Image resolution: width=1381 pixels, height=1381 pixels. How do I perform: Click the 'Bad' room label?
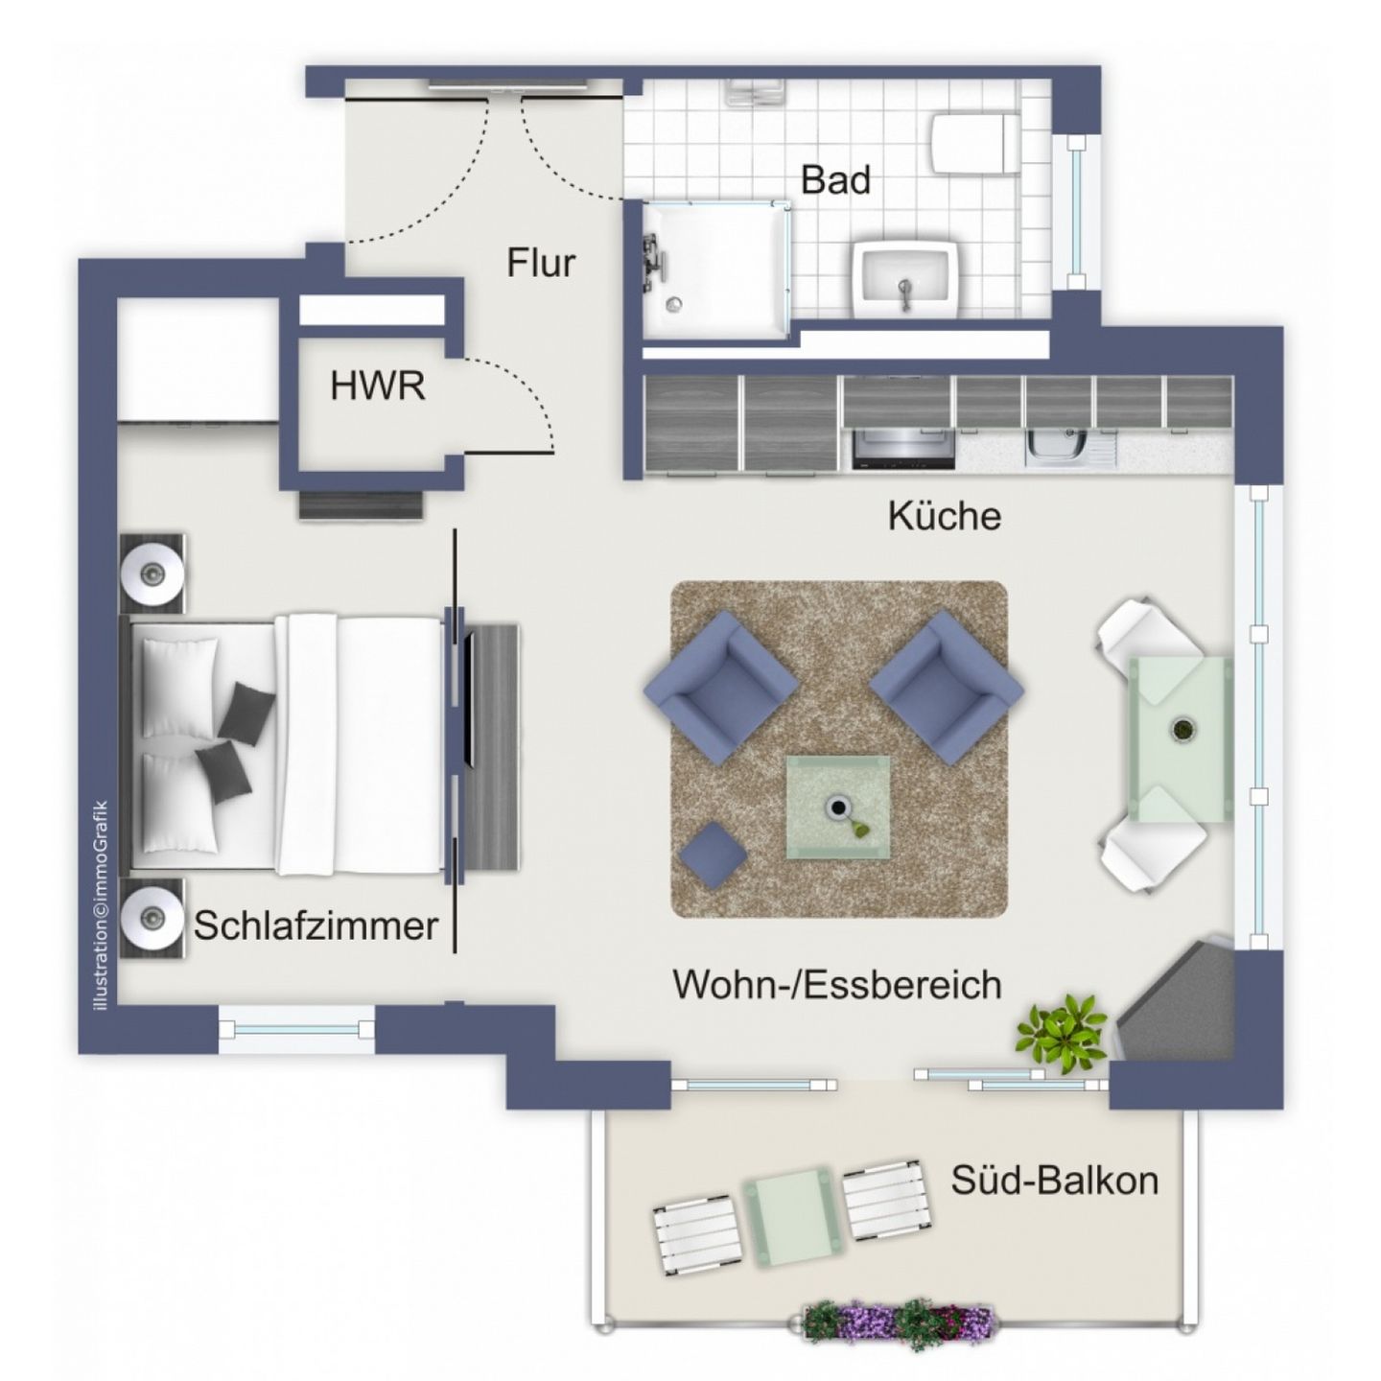(835, 179)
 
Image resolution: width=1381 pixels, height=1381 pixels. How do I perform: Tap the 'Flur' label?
(541, 263)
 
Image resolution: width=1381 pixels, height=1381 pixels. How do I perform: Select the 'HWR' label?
(377, 386)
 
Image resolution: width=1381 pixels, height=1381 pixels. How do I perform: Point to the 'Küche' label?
(944, 516)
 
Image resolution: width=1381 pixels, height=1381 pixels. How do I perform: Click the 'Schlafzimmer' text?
(316, 926)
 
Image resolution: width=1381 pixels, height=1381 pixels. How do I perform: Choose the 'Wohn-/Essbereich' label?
(836, 985)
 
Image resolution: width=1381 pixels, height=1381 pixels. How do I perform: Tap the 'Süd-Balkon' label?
(1054, 1179)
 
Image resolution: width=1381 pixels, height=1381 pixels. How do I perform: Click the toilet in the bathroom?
(974, 143)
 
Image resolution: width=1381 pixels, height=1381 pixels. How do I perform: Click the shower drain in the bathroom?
(674, 304)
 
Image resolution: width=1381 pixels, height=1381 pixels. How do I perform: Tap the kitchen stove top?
(903, 448)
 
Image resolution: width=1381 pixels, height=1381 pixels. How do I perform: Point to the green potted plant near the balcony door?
(1060, 1030)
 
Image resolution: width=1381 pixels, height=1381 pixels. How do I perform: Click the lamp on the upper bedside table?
(152, 574)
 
